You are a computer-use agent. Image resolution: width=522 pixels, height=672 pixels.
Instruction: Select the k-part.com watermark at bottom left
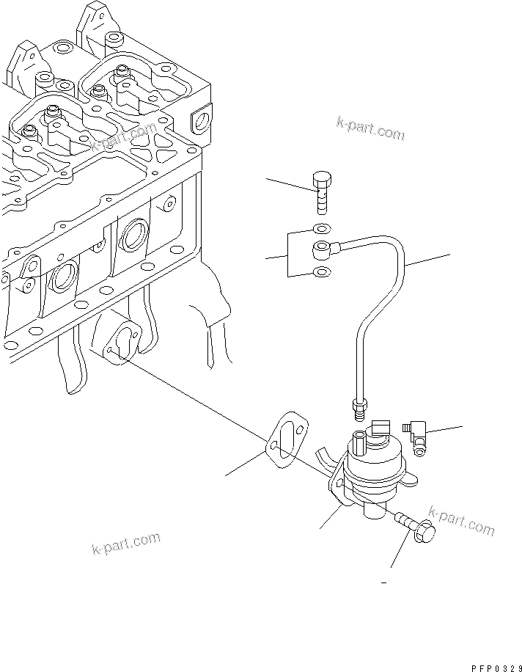126,544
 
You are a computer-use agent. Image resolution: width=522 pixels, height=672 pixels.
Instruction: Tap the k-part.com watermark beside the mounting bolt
461,520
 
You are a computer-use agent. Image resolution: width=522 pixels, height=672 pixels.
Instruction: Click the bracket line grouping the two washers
288,255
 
